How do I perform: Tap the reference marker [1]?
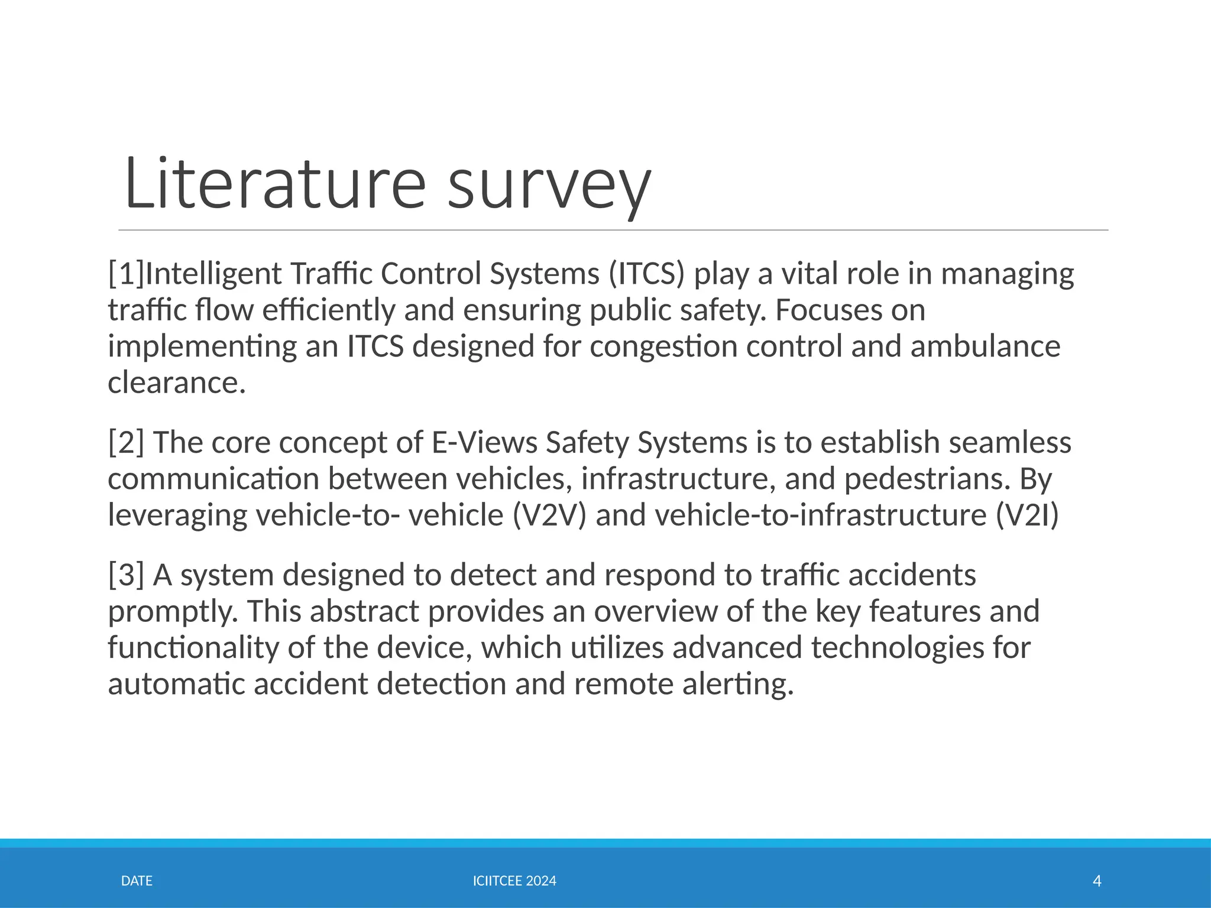126,274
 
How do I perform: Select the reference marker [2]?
126,442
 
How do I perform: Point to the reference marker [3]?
126,575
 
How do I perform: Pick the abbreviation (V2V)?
549,515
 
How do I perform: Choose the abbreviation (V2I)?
1027,515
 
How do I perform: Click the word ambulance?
985,346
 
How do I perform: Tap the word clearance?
176,382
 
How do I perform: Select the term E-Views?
484,442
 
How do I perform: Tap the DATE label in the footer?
137,881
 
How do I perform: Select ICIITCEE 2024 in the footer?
514,881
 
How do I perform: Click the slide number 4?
1097,881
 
